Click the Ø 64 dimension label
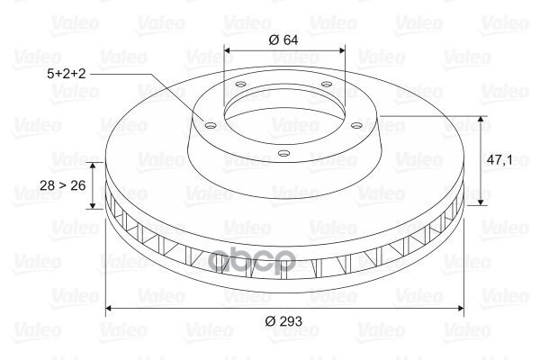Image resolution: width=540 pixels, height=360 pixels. (283, 40)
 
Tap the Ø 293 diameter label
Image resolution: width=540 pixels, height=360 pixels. (283, 321)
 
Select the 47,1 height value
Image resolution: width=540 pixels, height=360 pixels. (499, 160)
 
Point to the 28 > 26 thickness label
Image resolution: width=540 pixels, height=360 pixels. (63, 185)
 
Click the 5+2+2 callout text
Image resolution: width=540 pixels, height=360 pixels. (66, 74)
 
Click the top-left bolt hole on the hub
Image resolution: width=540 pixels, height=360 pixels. (240, 84)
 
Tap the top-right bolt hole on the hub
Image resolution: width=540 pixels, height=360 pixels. (326, 84)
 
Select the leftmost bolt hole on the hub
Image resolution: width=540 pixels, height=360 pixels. (210, 125)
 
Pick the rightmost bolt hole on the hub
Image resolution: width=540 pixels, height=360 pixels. (357, 125)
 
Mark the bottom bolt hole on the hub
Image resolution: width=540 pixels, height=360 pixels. (283, 153)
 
